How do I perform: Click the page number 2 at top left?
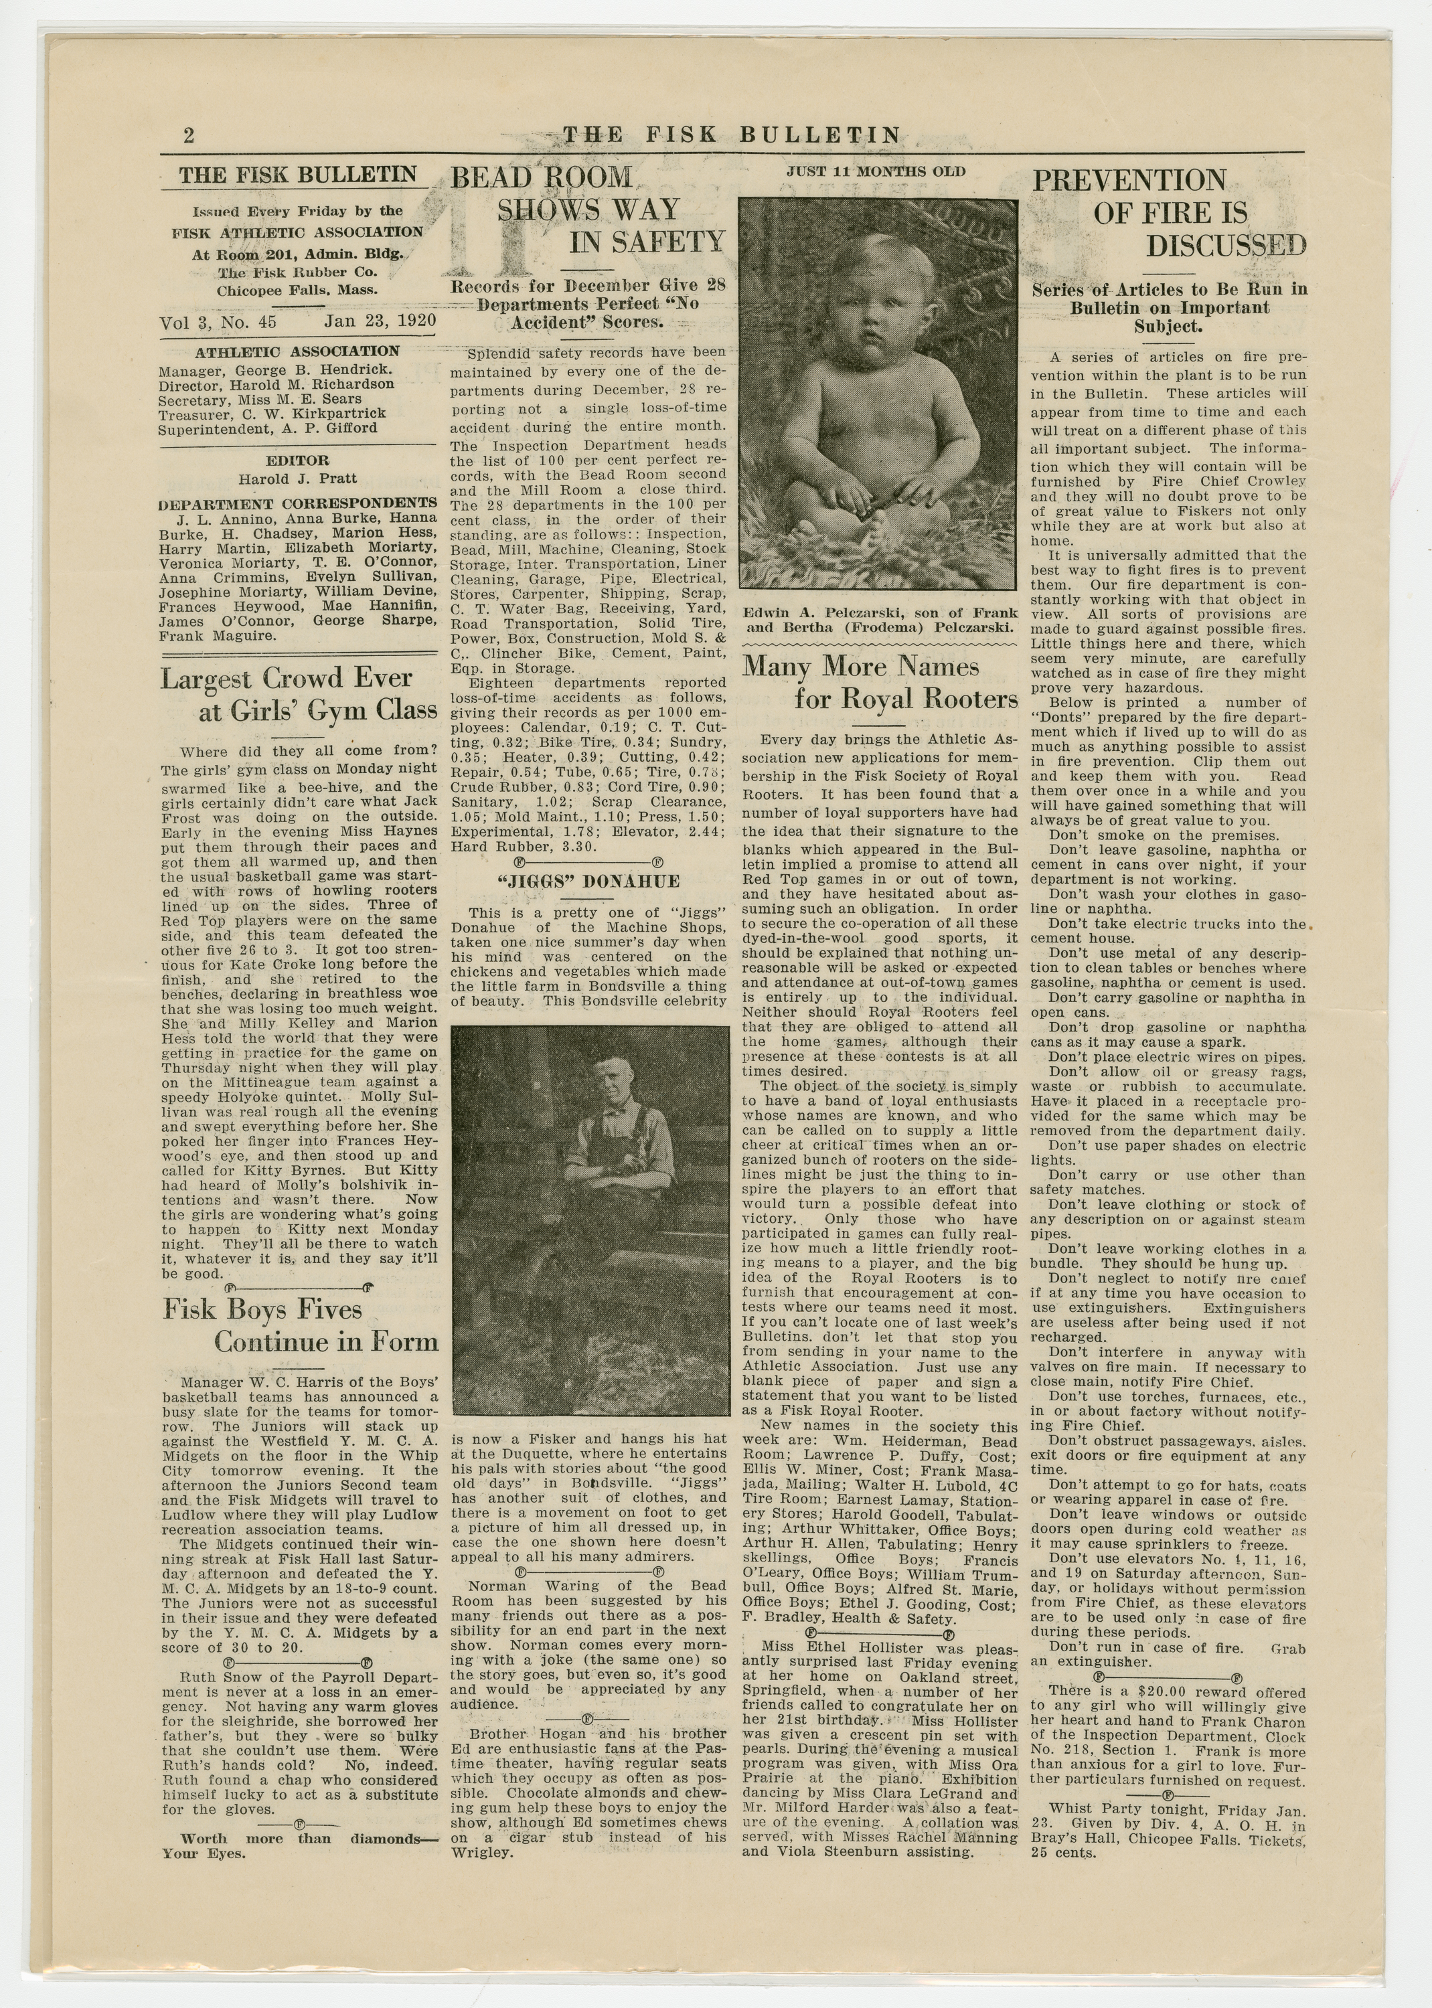click(x=188, y=135)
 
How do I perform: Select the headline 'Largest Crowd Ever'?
click(x=287, y=679)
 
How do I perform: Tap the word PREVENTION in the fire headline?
click(x=1129, y=181)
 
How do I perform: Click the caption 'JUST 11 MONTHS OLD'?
click(x=876, y=172)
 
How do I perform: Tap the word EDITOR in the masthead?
click(x=297, y=460)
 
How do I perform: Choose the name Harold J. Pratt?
click(x=297, y=479)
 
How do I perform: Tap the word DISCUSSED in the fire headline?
click(x=1226, y=246)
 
